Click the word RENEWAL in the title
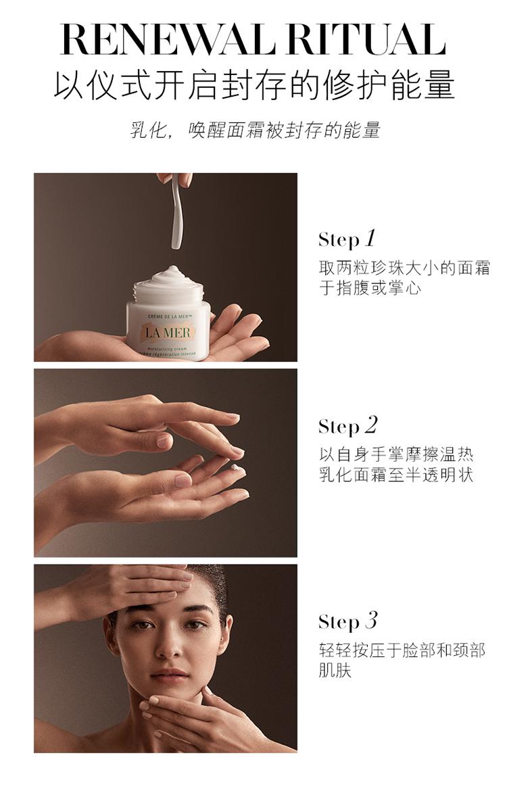[168, 39]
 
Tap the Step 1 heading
[347, 239]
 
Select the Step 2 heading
[347, 426]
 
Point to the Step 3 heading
[347, 621]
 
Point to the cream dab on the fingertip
[235, 468]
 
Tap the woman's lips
[169, 673]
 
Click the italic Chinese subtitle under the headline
[255, 130]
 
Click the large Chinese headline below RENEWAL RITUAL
[254, 86]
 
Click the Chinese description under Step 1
[404, 278]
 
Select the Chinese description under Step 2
[396, 464]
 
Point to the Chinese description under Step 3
[402, 660]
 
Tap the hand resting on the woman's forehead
[126, 589]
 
